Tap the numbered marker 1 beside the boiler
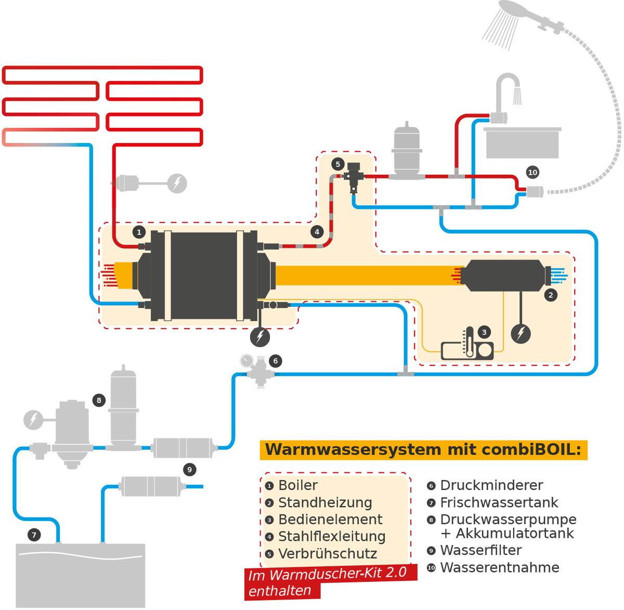[139, 232]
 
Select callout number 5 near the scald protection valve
[337, 164]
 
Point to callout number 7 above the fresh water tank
[34, 534]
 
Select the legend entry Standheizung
[325, 502]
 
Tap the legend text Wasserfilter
[480, 550]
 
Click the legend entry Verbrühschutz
[327, 553]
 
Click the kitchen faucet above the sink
[506, 96]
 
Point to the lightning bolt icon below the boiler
[260, 336]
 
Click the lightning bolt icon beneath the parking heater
[521, 333]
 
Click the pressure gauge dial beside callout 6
[245, 360]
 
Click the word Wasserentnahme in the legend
[499, 567]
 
